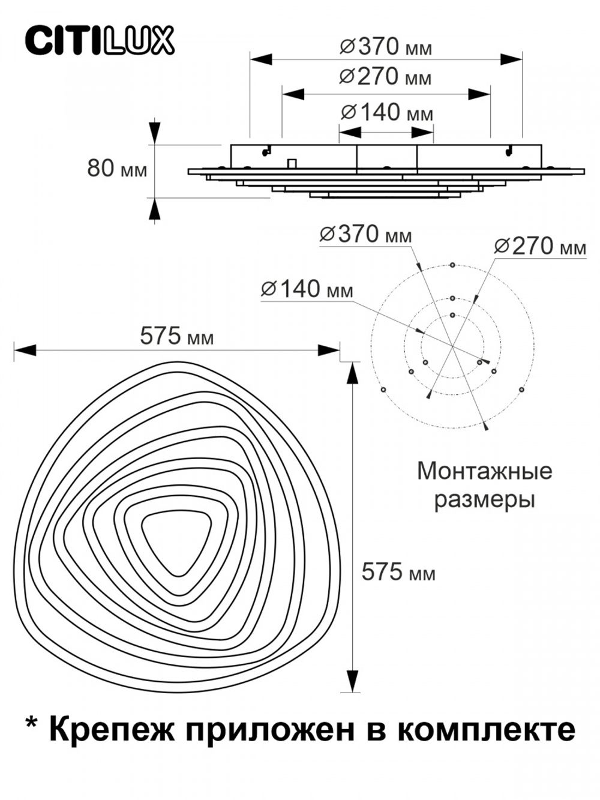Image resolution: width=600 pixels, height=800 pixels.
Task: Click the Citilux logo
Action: (99, 41)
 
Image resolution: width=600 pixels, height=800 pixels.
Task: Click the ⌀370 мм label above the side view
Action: (385, 47)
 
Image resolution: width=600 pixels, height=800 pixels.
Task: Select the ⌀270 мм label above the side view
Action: (385, 77)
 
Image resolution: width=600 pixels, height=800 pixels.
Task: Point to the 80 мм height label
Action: (117, 169)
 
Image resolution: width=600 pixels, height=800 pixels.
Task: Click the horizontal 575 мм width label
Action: (176, 337)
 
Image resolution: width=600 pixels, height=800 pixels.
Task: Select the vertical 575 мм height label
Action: (398, 573)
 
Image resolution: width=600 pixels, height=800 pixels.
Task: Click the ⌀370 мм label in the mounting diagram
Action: (365, 235)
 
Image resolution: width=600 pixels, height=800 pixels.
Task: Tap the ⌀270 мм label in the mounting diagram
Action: (539, 246)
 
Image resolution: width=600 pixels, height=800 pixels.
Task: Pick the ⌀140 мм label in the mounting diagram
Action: (307, 289)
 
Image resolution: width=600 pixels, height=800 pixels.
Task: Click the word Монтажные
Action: (484, 471)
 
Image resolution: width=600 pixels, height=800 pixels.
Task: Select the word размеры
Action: (484, 499)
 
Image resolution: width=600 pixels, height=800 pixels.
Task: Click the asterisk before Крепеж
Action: (31, 724)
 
